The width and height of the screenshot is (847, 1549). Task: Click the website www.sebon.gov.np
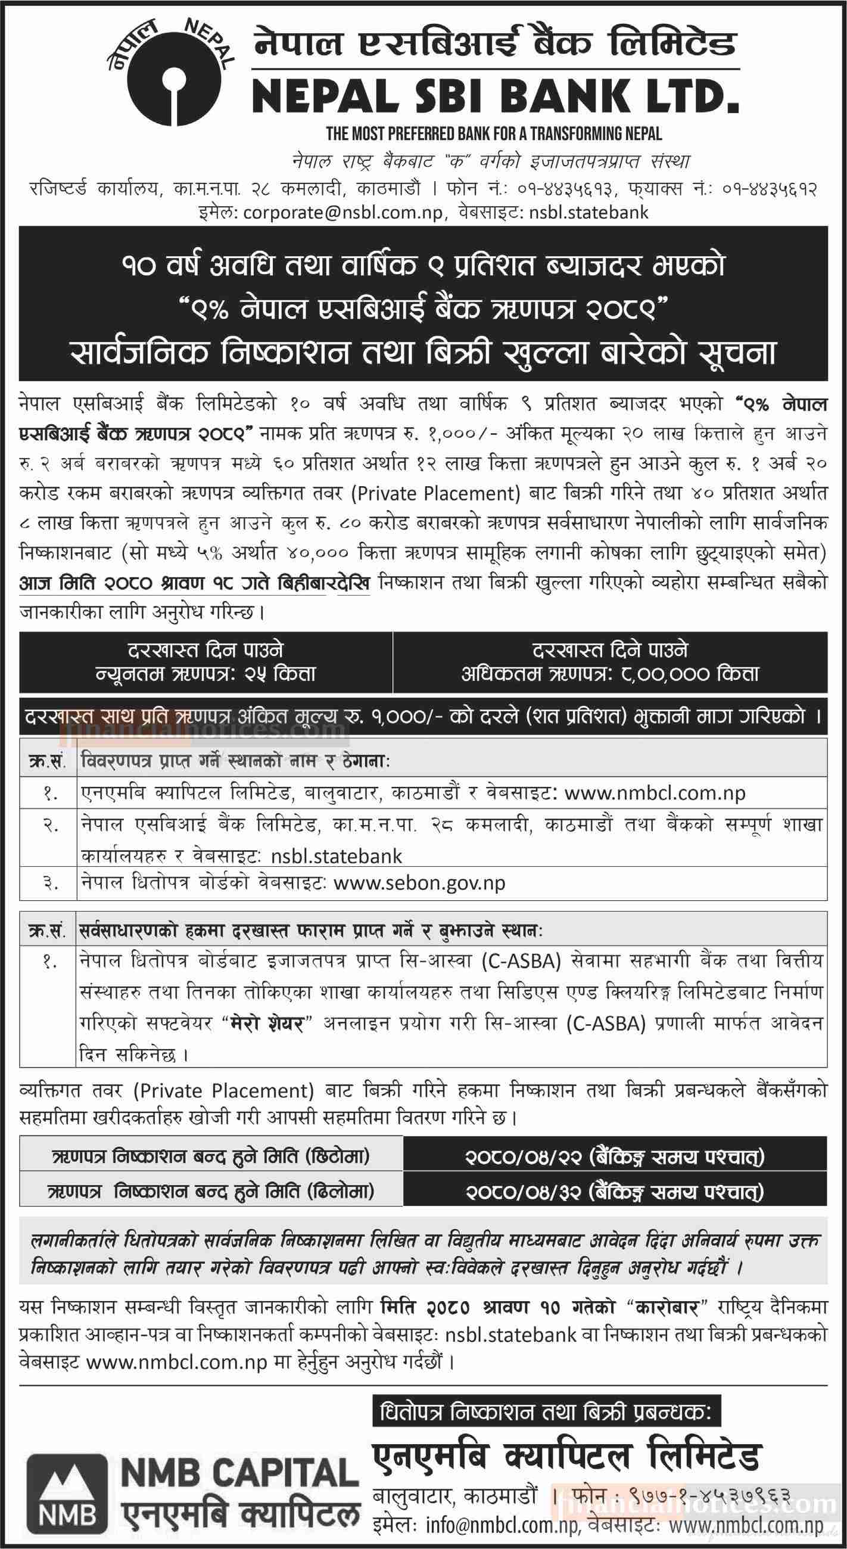(x=418, y=883)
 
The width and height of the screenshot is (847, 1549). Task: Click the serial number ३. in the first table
(x=49, y=883)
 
